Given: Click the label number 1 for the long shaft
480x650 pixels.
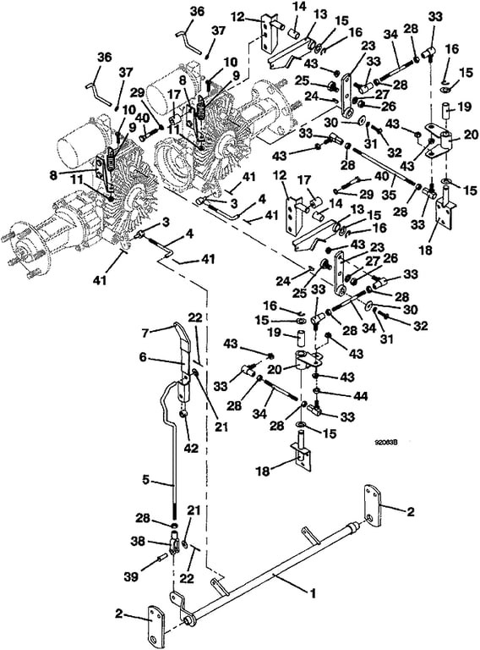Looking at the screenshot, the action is coord(314,593).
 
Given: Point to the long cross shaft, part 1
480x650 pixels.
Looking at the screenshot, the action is coord(273,572).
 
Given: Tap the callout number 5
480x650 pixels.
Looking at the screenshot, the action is coord(145,480).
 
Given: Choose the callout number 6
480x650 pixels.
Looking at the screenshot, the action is coord(143,356).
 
